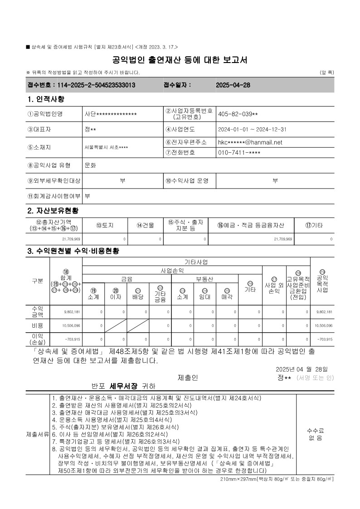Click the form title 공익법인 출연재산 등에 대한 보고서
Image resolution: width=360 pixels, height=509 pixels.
(180, 60)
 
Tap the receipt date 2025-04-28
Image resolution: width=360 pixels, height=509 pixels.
(233, 85)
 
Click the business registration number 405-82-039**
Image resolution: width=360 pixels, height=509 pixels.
(238, 114)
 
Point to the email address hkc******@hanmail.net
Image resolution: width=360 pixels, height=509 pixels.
(250, 142)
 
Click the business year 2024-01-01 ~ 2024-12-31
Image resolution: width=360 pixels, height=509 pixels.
(252, 129)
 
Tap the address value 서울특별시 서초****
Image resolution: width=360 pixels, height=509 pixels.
(106, 147)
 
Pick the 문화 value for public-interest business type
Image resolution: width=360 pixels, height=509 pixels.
(90, 166)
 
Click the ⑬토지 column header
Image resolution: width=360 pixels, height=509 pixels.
(105, 225)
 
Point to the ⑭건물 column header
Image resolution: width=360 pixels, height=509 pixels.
(145, 225)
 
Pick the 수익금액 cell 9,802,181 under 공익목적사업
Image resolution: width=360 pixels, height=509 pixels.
(323, 312)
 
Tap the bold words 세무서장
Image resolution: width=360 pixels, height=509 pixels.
(123, 386)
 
